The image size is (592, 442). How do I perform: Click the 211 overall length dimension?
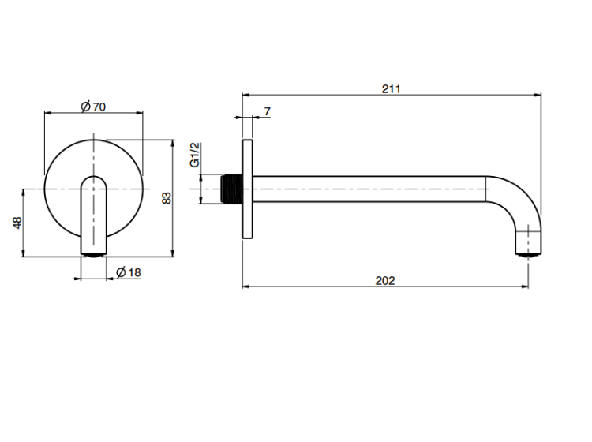tap(392, 88)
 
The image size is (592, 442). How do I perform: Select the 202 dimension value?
tap(385, 281)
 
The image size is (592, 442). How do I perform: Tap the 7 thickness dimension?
tap(268, 111)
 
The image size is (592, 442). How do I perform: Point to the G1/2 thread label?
tap(194, 155)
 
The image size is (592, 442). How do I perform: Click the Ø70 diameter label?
tap(93, 107)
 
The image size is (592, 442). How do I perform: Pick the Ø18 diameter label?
tap(129, 272)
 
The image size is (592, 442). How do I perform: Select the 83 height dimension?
tap(167, 198)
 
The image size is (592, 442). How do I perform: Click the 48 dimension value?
tap(17, 223)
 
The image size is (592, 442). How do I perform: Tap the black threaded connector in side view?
tap(231, 189)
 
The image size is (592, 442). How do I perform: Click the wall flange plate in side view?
tap(247, 189)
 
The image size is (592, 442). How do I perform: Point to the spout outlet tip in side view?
tap(529, 255)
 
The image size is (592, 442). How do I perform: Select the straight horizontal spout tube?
tap(369, 189)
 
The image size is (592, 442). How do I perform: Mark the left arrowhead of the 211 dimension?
tap(245, 96)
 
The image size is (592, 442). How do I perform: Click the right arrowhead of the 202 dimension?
tap(525, 287)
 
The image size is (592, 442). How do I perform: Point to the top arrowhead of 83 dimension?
tap(173, 144)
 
